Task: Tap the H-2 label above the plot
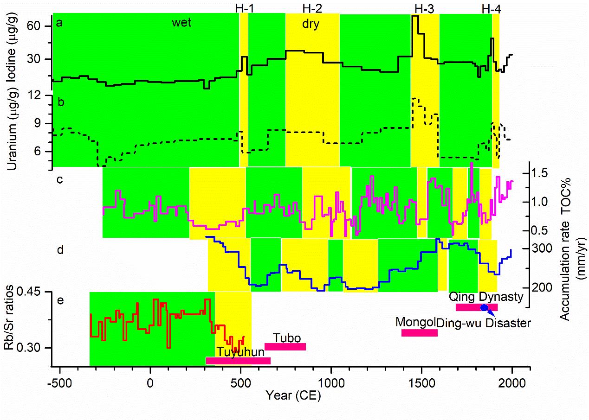pos(312,8)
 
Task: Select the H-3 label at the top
pos(424,8)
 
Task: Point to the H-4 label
pos(491,8)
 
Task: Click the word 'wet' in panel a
pos(181,23)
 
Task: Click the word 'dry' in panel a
pos(311,24)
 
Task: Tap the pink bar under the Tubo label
pos(285,347)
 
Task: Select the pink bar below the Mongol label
pos(420,332)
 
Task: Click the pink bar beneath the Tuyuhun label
pos(238,361)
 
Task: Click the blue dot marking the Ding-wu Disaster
pos(484,307)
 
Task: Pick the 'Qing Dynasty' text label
pos(486,297)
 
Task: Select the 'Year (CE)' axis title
pos(293,397)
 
